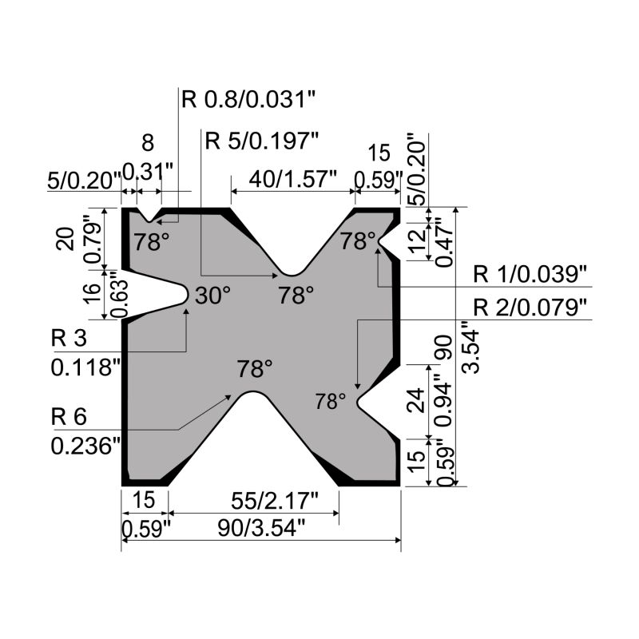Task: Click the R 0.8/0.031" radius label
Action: (x=248, y=99)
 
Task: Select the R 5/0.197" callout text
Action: (x=261, y=141)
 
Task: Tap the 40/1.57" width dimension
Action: (x=293, y=179)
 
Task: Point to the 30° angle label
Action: (x=212, y=295)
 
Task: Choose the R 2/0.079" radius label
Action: (x=530, y=308)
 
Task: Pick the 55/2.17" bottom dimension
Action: (x=274, y=501)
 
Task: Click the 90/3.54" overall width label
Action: (x=261, y=529)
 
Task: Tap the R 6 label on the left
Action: (x=69, y=416)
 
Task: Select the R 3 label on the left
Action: (x=69, y=338)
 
